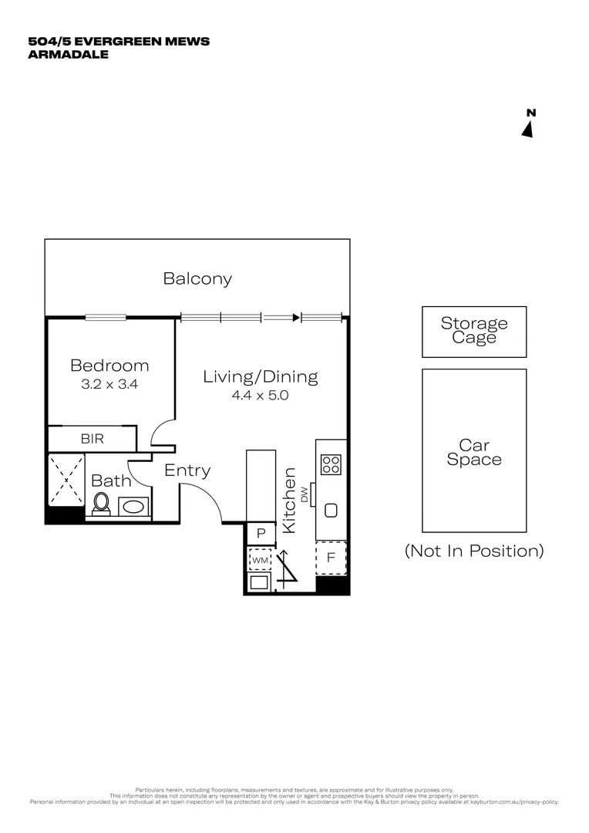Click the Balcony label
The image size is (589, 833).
pyautogui.click(x=197, y=279)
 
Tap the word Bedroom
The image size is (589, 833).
pyautogui.click(x=109, y=366)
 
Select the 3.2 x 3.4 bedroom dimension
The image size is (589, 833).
pyautogui.click(x=109, y=383)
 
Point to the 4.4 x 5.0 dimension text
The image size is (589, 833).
pyautogui.click(x=261, y=395)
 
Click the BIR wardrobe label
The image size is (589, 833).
pyautogui.click(x=93, y=439)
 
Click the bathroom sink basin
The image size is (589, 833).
pyautogui.click(x=134, y=508)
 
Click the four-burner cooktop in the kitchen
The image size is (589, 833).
pyautogui.click(x=332, y=464)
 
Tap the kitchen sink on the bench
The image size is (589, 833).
pyautogui.click(x=332, y=510)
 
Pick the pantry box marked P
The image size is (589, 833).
pyautogui.click(x=261, y=533)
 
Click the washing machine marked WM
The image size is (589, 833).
pyautogui.click(x=260, y=558)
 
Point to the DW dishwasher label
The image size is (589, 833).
pyautogui.click(x=305, y=495)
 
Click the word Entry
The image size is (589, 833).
pyautogui.click(x=187, y=470)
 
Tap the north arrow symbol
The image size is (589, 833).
pyautogui.click(x=528, y=128)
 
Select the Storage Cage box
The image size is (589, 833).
pyautogui.click(x=474, y=331)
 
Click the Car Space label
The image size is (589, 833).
pyautogui.click(x=474, y=452)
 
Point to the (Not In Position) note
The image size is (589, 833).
pyautogui.click(x=474, y=551)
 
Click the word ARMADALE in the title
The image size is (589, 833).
pyautogui.click(x=68, y=54)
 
